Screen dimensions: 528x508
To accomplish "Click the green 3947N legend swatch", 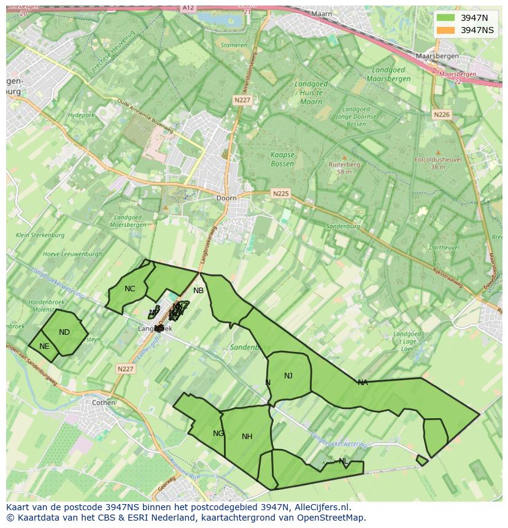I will click(445, 18).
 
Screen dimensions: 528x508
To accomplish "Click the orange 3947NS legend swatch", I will click(445, 30).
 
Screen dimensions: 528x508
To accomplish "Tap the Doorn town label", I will click(226, 198).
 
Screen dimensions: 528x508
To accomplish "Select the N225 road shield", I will click(280, 193).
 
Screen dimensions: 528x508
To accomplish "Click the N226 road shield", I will click(441, 115).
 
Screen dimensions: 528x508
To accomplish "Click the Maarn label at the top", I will click(321, 13).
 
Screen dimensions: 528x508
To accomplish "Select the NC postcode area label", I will click(129, 289).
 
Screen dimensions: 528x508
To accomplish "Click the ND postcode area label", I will click(64, 332).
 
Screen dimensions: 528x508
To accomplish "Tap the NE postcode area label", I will click(44, 346).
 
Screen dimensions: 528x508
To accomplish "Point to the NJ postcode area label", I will click(288, 376).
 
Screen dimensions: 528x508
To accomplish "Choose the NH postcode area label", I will click(247, 437).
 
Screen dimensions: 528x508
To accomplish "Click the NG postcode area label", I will click(218, 434).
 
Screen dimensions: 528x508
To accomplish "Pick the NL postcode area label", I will click(343, 461).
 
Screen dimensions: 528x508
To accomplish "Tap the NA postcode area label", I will click(363, 383).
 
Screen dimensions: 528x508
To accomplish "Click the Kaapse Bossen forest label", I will click(282, 159).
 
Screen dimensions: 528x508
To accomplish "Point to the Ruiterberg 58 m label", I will click(344, 168).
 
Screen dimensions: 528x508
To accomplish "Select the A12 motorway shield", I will click(188, 7).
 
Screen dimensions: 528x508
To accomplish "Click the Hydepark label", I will click(81, 115).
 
